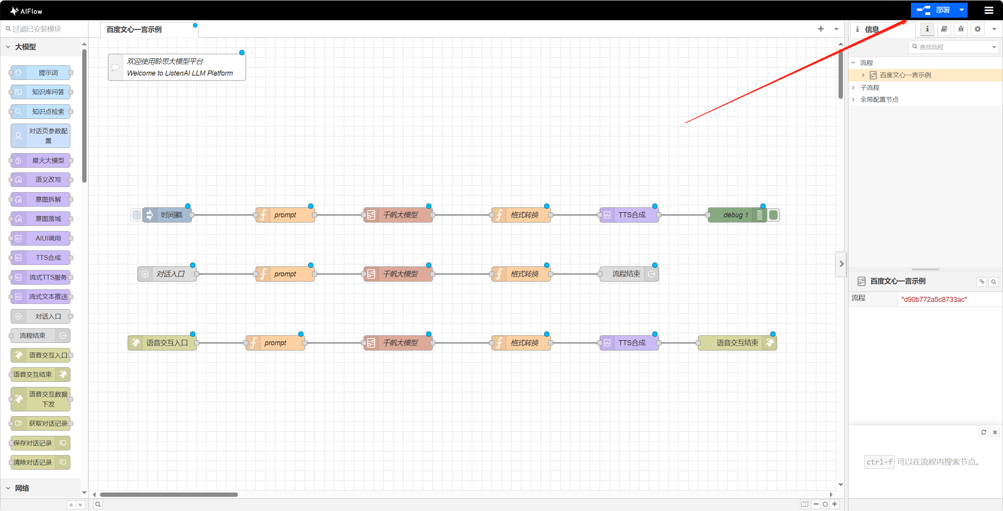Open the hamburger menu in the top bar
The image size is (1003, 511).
[x=989, y=11]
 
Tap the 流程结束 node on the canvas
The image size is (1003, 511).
[x=626, y=274]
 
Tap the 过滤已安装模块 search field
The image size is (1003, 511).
[x=43, y=29]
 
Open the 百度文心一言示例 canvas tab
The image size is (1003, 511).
[x=134, y=30]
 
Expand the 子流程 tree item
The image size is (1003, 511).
[x=869, y=87]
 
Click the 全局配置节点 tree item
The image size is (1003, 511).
[x=879, y=100]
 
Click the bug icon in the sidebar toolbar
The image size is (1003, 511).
[x=961, y=29]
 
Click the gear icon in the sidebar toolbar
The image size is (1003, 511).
[x=977, y=29]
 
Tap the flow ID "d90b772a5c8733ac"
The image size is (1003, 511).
[x=934, y=300]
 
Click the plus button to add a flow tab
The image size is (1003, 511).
[x=820, y=29]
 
